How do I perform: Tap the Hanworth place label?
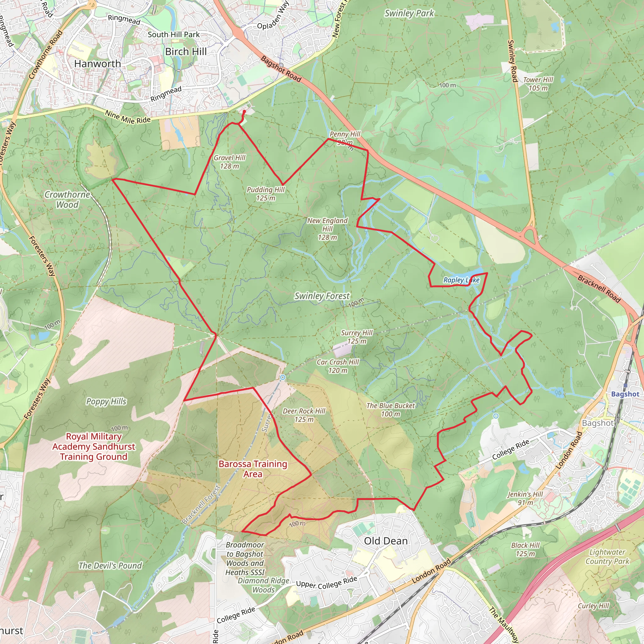(x=97, y=64)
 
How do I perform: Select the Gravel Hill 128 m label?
(x=229, y=162)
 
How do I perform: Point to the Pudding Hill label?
(x=265, y=194)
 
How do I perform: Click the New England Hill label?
(x=327, y=229)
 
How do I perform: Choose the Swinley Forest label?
(x=322, y=296)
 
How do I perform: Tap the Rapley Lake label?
(x=461, y=280)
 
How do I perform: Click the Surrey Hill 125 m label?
(x=356, y=337)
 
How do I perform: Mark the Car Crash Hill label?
(x=337, y=366)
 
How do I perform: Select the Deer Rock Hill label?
(x=304, y=415)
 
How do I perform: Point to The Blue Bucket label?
(x=390, y=410)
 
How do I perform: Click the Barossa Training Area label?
(x=253, y=469)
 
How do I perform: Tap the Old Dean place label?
(x=386, y=541)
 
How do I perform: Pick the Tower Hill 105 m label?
(x=538, y=84)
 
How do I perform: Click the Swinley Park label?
(x=409, y=13)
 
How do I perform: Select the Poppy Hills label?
(x=106, y=401)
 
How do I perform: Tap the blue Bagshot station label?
(x=625, y=394)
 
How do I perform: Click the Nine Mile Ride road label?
(x=128, y=117)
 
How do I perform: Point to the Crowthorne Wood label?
(x=67, y=199)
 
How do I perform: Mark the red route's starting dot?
(x=244, y=112)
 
